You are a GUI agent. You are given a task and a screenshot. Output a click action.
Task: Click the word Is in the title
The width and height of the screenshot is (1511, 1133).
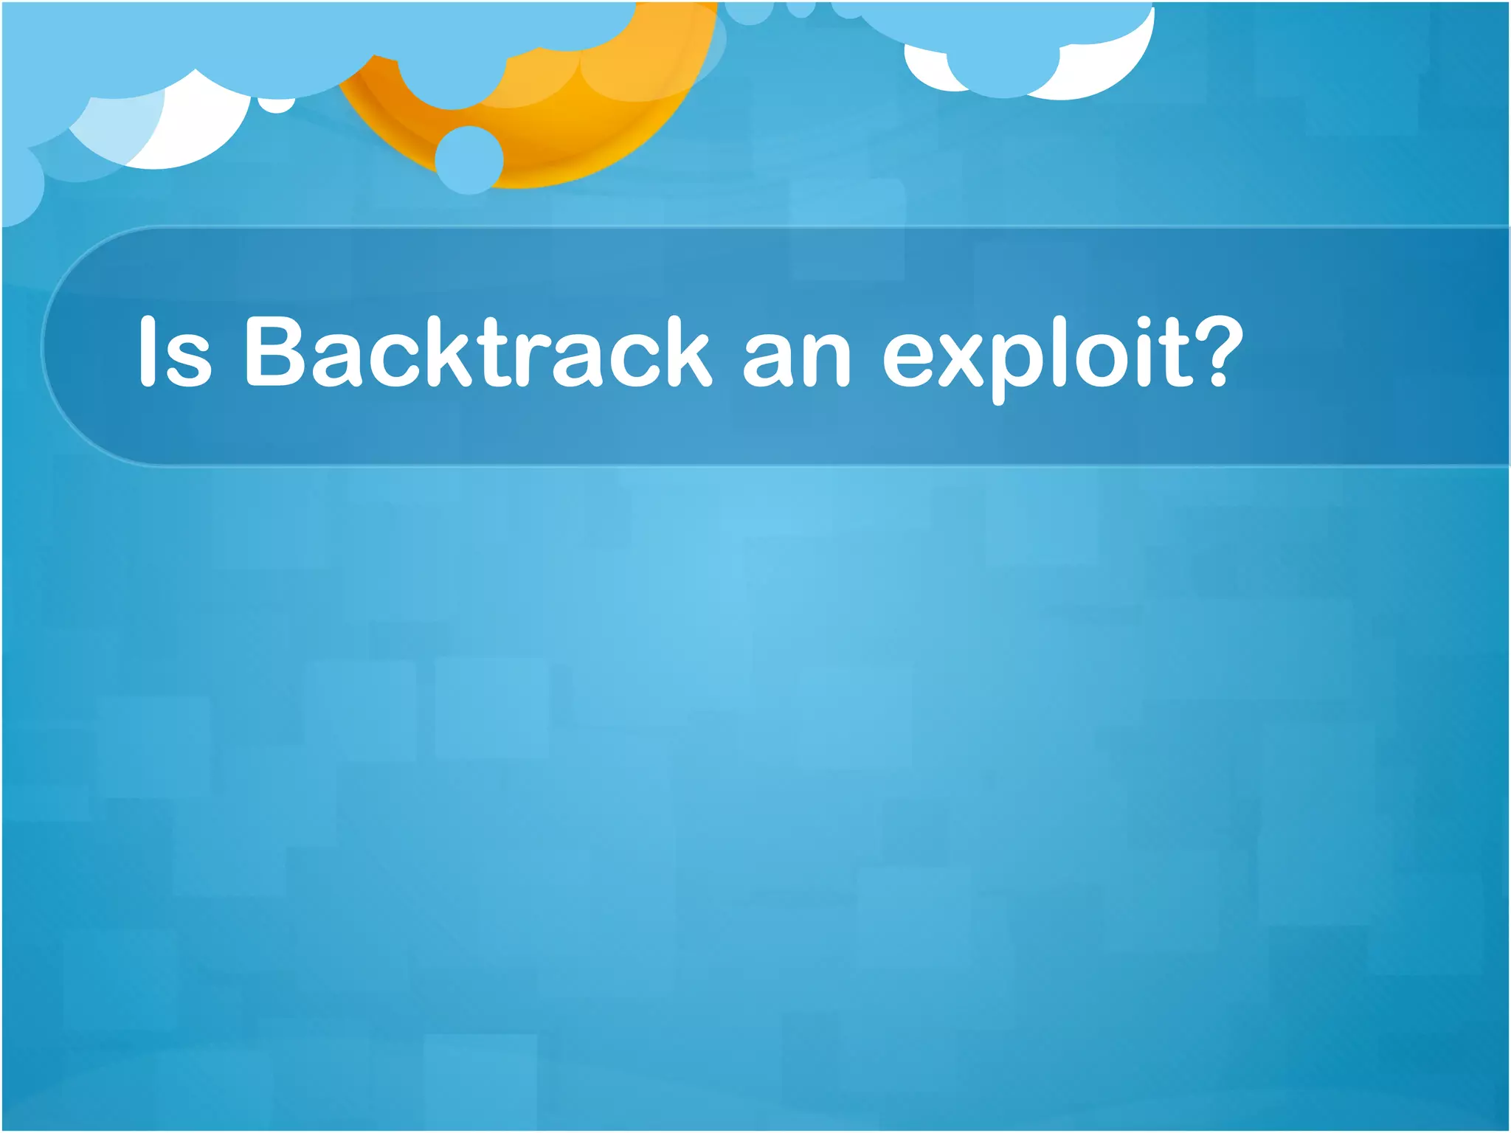tap(176, 351)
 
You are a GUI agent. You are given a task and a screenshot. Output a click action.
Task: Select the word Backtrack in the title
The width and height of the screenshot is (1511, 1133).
tap(477, 351)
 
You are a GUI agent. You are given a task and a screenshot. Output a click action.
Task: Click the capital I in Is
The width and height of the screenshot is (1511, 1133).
tap(147, 351)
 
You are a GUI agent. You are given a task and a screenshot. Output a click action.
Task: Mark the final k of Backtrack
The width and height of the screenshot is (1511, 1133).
tap(682, 351)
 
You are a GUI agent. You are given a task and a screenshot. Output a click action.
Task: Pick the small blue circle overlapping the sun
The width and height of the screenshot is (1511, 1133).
tap(469, 160)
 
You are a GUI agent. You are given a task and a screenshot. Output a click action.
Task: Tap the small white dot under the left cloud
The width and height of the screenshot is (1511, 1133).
tap(277, 104)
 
